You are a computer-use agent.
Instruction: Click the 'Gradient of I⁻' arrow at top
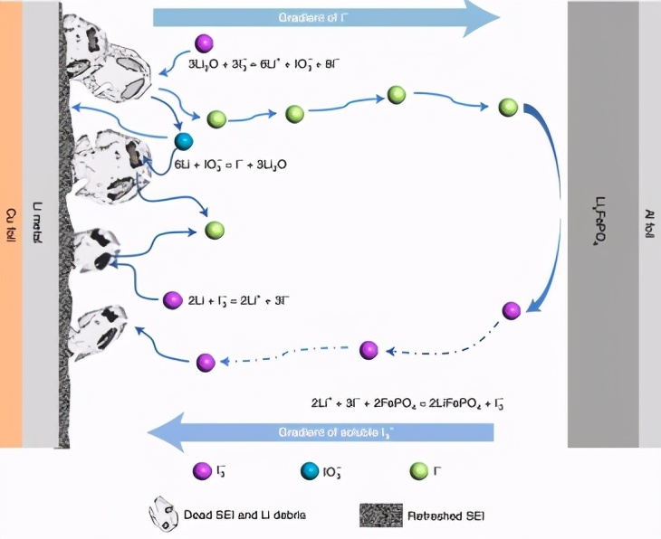point(326,17)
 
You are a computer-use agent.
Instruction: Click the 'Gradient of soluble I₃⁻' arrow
point(321,432)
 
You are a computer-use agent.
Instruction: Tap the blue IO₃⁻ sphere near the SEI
point(184,140)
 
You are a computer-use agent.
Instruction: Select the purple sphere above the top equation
point(205,43)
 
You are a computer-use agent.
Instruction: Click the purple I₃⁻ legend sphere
point(203,470)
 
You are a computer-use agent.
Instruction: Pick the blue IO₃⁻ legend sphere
point(309,470)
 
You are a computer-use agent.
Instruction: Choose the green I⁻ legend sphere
point(417,470)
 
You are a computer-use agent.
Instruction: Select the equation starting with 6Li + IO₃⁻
point(231,165)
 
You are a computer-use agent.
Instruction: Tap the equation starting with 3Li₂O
point(263,64)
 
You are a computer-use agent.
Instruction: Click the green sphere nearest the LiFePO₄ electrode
point(508,107)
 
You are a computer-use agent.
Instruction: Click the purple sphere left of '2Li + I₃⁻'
point(172,299)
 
